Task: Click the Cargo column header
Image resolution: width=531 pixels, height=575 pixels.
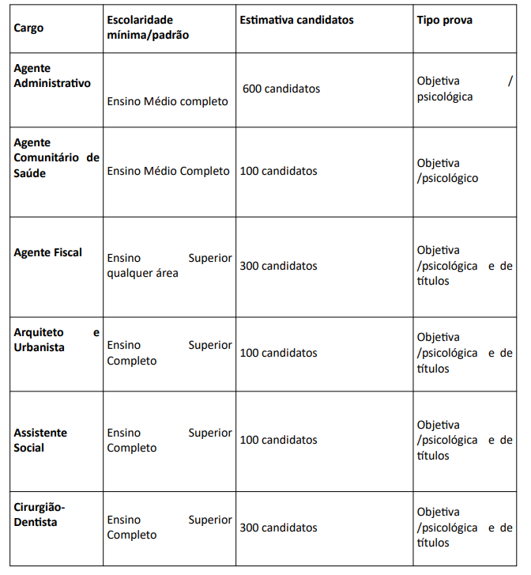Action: (29, 28)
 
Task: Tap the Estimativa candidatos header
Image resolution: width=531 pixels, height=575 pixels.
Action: (296, 20)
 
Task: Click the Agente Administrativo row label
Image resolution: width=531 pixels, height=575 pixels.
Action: (52, 76)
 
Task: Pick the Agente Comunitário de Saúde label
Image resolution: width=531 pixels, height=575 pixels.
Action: (56, 157)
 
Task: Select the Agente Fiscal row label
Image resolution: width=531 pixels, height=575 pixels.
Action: (48, 253)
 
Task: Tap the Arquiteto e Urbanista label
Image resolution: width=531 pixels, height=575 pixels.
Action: (56, 340)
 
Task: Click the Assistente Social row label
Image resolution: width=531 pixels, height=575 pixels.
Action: (40, 440)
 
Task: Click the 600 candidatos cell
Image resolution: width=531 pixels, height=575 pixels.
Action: (281, 89)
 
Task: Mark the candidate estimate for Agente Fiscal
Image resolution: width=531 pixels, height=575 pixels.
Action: (278, 266)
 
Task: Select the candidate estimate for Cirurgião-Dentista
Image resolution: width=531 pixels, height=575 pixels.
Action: (278, 528)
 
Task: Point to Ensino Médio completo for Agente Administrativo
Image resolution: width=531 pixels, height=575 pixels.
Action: (168, 101)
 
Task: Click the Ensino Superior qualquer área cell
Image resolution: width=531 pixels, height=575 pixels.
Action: (169, 266)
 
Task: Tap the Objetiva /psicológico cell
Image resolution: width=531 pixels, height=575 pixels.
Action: (448, 171)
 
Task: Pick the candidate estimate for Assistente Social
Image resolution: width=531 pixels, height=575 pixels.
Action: (278, 440)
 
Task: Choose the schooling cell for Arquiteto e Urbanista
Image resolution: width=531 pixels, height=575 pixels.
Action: (169, 353)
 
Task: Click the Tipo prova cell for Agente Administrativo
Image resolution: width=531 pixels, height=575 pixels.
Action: (465, 89)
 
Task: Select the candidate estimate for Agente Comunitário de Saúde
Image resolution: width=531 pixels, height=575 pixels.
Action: (278, 171)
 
